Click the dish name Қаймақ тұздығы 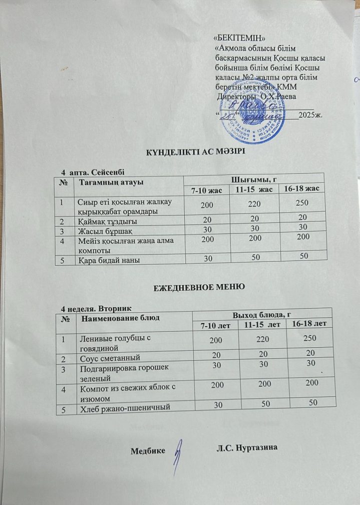[108, 221]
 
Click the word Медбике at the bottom [148, 451]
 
